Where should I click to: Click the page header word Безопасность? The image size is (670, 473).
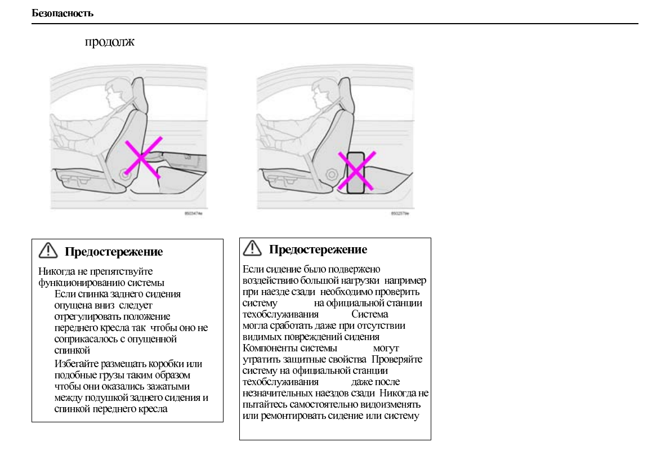pos(62,14)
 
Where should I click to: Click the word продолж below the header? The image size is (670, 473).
pos(109,43)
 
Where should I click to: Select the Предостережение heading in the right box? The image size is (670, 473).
pos(318,249)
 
